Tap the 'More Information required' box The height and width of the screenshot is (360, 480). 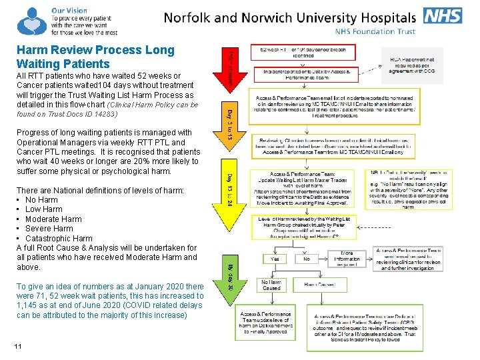[x=347, y=259]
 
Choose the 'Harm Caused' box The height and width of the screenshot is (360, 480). [x=319, y=285]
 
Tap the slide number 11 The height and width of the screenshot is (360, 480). [x=17, y=346]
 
